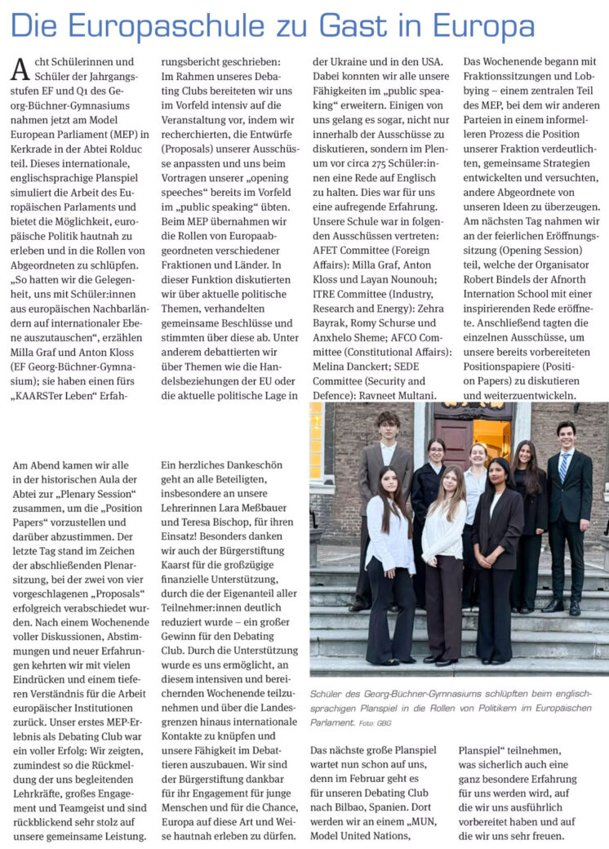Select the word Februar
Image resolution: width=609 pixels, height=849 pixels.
[x=368, y=779]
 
